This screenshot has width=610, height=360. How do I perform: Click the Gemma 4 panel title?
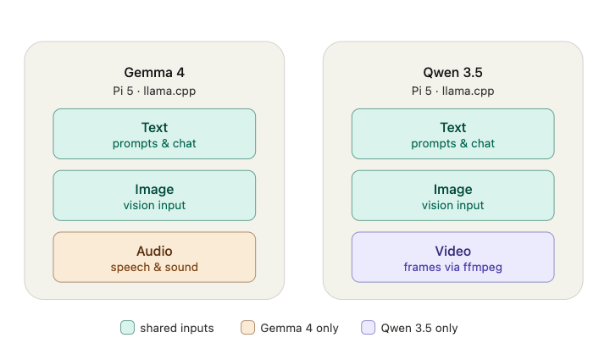click(154, 72)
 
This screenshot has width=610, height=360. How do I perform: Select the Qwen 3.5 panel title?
click(452, 72)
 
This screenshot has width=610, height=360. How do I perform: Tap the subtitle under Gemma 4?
click(154, 91)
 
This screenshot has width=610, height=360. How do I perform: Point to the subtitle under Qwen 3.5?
click(452, 91)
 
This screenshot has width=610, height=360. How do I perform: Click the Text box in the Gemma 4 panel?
click(154, 134)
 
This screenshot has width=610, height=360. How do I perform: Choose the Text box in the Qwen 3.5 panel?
click(452, 134)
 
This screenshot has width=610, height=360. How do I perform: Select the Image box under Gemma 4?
click(154, 196)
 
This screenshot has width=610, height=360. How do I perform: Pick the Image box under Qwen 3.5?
click(452, 196)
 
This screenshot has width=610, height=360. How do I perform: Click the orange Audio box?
click(154, 257)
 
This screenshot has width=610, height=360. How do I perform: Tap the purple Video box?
click(452, 257)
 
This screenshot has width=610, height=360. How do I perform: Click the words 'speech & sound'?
click(154, 268)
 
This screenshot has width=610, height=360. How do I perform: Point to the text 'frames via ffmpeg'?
click(452, 268)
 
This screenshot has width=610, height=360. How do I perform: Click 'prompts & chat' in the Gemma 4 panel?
click(154, 144)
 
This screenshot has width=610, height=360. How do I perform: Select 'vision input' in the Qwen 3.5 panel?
click(452, 205)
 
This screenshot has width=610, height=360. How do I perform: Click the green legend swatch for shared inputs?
click(128, 327)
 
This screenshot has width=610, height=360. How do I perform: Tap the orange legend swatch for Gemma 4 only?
click(247, 327)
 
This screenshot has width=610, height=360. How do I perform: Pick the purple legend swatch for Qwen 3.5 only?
click(368, 327)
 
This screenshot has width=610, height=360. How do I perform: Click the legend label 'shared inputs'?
click(177, 328)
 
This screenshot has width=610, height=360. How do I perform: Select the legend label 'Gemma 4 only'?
click(299, 328)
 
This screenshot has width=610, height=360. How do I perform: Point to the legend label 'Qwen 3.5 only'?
click(419, 328)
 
